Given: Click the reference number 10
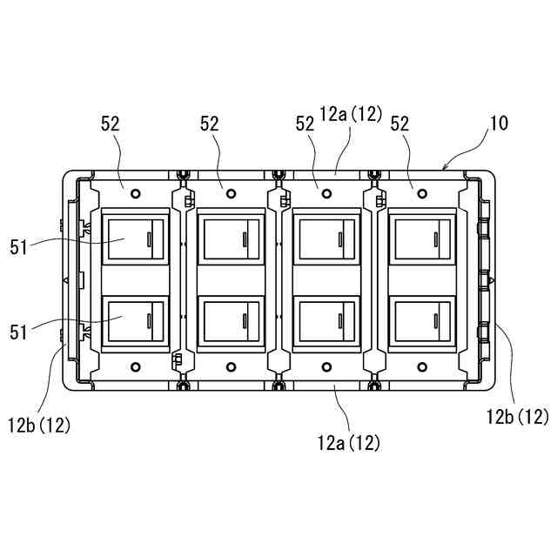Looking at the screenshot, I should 499,124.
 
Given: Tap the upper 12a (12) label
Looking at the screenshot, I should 351,114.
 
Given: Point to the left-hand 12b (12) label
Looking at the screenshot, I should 40,426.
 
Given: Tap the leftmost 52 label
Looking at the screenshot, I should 111,124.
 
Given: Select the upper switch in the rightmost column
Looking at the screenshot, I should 421,238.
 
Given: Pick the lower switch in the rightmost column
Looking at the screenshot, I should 421,322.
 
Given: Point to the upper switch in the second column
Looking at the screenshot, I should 231,238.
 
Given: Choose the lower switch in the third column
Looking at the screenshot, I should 326,322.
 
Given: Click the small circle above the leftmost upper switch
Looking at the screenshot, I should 134,191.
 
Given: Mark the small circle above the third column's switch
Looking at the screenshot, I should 326,191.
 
